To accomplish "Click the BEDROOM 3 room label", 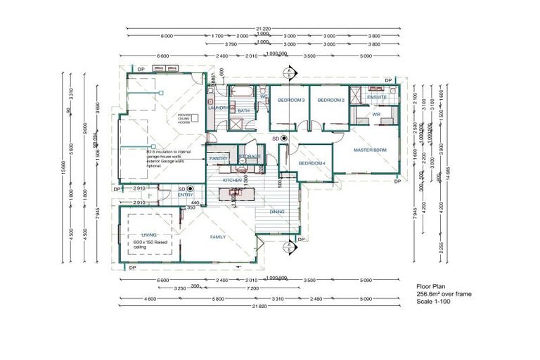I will click(290, 101).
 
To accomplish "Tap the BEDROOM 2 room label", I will click(330, 101).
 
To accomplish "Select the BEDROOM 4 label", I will click(311, 163).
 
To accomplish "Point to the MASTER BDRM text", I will click(370, 150).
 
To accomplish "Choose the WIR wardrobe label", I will click(376, 113).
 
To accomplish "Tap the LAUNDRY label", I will click(218, 108).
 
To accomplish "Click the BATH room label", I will click(243, 110).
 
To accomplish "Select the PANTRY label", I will click(218, 159).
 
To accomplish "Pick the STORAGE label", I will click(248, 156).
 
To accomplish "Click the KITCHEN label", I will click(233, 181).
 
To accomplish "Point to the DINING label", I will click(277, 212).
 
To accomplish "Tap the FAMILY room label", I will click(219, 238).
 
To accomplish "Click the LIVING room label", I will click(148, 235).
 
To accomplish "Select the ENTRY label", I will click(185, 195).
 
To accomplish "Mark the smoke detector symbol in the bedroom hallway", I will click(284, 139).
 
